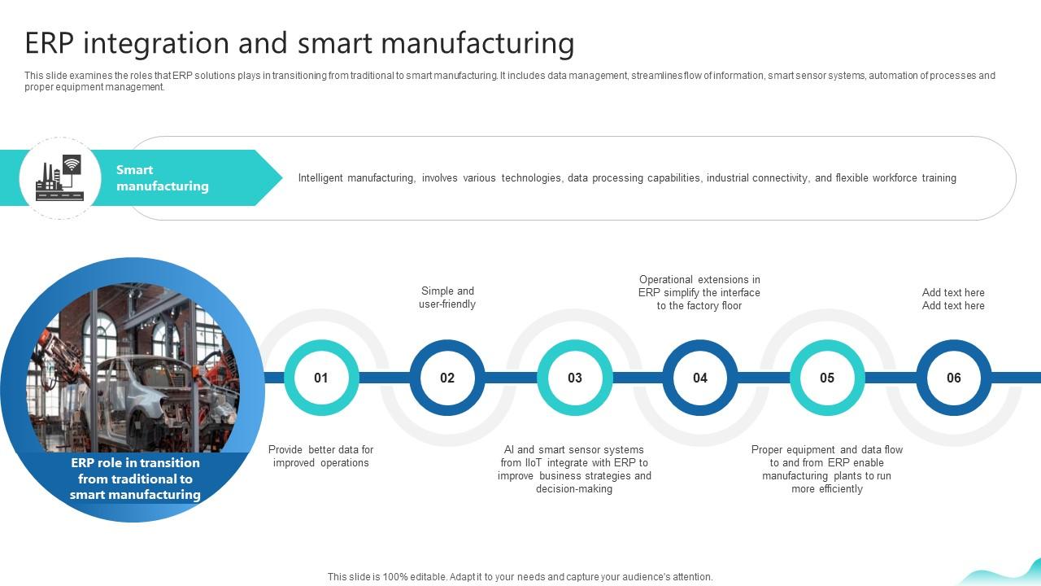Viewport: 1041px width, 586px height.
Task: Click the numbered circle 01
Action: click(321, 378)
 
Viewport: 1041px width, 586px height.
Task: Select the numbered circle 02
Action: click(447, 378)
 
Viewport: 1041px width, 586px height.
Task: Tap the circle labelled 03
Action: click(575, 378)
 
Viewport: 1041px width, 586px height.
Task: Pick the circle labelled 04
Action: click(700, 378)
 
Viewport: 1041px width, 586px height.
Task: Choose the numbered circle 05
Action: click(827, 378)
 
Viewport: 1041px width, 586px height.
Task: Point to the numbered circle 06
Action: click(954, 378)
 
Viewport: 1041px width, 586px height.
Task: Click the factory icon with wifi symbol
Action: click(59, 177)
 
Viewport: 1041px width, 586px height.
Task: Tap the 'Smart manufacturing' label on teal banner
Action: click(162, 178)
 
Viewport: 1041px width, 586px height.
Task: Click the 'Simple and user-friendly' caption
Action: click(447, 298)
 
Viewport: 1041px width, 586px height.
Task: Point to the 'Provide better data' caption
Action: click(321, 457)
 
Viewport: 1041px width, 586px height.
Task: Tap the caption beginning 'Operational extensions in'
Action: click(699, 293)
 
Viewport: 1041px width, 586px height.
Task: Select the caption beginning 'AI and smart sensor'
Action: click(574, 470)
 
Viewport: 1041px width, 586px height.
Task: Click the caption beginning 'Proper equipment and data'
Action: click(826, 470)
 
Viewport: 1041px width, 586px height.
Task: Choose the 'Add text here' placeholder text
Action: click(953, 299)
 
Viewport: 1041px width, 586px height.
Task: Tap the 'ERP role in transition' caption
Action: click(135, 479)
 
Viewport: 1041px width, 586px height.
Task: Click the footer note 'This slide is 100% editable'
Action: click(520, 577)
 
